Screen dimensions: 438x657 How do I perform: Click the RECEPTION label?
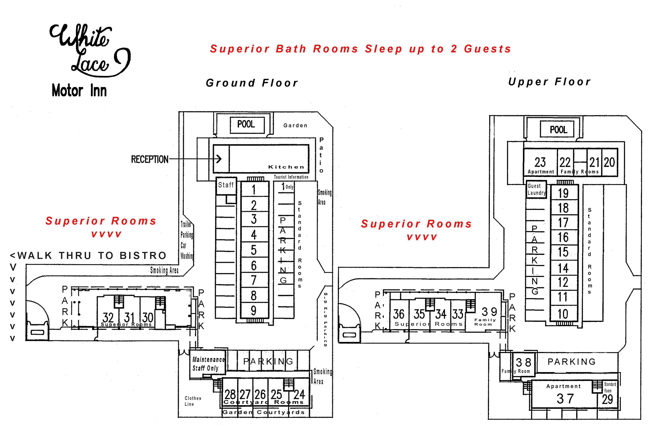point(150,160)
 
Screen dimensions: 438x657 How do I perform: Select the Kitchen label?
point(286,167)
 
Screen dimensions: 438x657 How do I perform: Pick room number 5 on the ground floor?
point(254,250)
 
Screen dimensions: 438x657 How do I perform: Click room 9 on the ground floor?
point(254,310)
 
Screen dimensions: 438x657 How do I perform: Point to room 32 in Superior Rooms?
point(108,317)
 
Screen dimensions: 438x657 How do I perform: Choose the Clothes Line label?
point(193,401)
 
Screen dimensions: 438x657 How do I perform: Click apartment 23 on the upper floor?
point(540,163)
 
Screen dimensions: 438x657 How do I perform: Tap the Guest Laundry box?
point(536,189)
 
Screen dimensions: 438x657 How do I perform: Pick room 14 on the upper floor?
point(563,268)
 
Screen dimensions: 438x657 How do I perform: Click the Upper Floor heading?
point(549,82)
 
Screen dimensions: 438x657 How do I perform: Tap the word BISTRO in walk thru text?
point(143,256)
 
